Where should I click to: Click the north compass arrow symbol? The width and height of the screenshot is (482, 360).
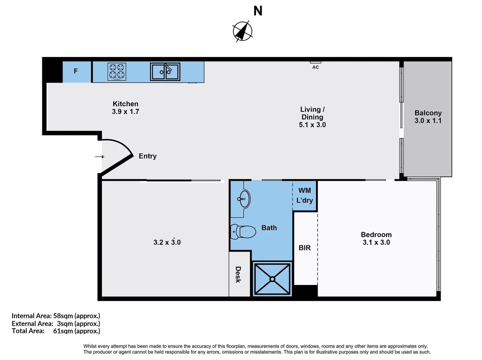click(x=242, y=31)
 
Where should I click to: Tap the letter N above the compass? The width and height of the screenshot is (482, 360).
click(x=258, y=11)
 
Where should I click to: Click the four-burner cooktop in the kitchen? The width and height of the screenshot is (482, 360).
click(x=117, y=72)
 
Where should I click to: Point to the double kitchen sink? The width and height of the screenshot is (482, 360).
click(x=165, y=72)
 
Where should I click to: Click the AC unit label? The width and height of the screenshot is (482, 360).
click(x=315, y=67)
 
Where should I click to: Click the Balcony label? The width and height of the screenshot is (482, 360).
click(x=428, y=113)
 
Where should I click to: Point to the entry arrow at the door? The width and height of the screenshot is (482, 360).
click(x=100, y=157)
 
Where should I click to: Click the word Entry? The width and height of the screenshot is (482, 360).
click(x=148, y=156)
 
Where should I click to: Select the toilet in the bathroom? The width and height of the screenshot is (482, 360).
click(x=243, y=232)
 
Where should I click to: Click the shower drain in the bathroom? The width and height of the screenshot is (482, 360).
click(x=272, y=279)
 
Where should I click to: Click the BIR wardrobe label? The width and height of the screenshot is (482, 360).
click(x=305, y=248)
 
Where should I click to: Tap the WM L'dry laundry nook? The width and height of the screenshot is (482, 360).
click(x=305, y=195)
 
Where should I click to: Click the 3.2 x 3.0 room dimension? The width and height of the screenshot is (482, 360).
click(x=167, y=242)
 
